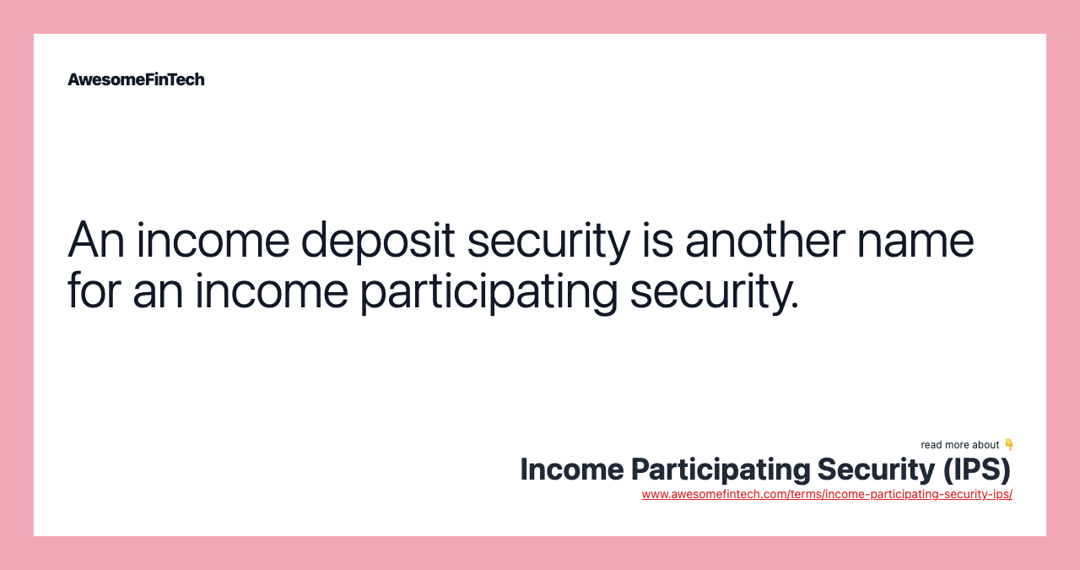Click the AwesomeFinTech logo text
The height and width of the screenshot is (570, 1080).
click(136, 79)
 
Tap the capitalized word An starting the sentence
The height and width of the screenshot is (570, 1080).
click(95, 240)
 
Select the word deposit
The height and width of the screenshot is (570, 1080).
click(378, 240)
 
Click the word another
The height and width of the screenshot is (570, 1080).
click(765, 240)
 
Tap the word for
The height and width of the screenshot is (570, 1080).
click(94, 290)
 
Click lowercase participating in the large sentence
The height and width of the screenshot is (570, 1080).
click(489, 290)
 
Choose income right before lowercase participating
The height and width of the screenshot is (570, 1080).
click(271, 290)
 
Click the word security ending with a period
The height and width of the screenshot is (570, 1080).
click(714, 290)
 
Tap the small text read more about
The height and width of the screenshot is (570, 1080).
click(959, 445)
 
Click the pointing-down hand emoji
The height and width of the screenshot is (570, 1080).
click(1008, 444)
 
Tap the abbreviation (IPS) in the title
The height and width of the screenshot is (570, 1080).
click(976, 470)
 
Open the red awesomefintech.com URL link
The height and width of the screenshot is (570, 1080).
click(827, 494)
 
